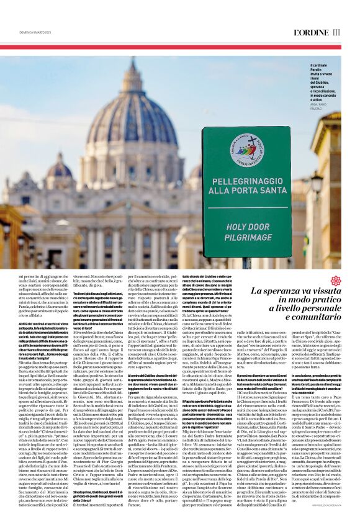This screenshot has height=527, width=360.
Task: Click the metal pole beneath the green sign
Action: click(x=246, y=263)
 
